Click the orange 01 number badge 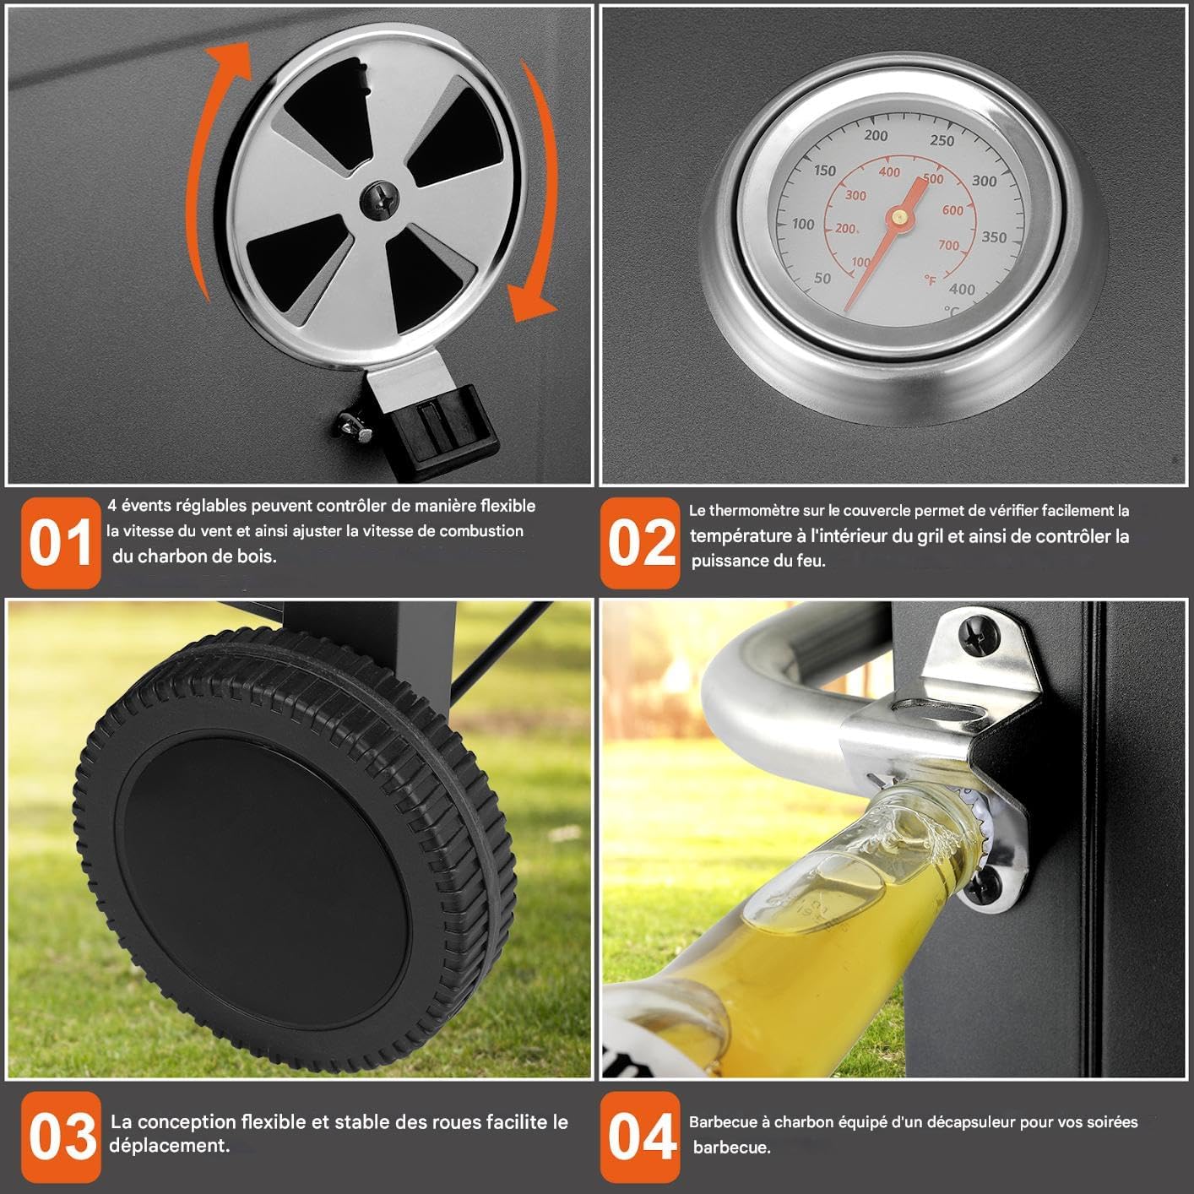point(61,542)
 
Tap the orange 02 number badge point(640,542)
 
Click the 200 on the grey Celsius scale point(876,135)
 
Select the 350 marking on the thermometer point(994,236)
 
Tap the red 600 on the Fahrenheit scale point(952,210)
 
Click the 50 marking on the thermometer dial point(822,278)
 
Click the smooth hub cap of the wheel point(263,888)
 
